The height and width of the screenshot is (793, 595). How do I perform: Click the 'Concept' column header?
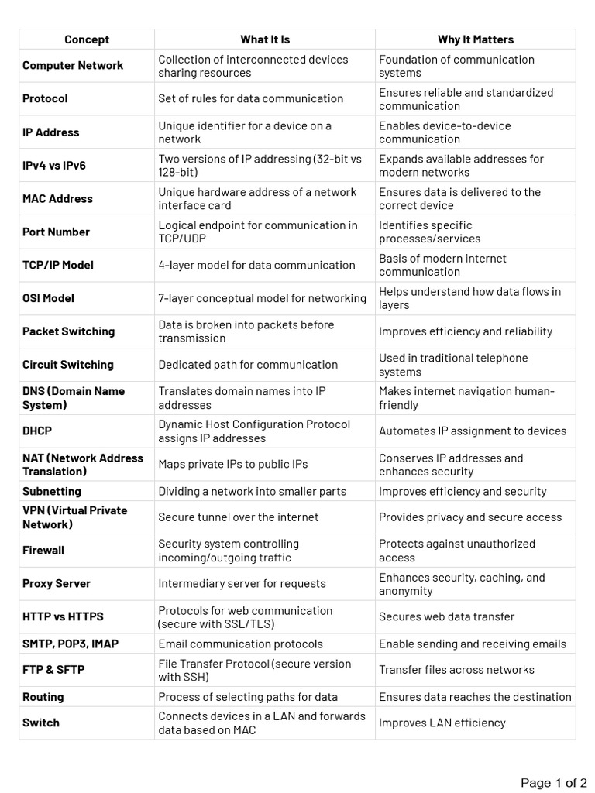point(87,39)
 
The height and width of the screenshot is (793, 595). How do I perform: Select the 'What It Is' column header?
point(265,39)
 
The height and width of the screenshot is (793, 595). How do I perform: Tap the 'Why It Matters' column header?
point(476,39)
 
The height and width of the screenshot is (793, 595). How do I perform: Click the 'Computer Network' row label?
point(73,66)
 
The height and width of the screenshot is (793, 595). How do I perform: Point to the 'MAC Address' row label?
point(57,199)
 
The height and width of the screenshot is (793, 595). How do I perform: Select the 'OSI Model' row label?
point(49,298)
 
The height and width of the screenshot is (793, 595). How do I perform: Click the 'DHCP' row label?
point(37,431)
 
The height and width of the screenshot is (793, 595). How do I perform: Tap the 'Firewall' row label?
point(43,551)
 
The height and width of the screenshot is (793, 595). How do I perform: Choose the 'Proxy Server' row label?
point(57,584)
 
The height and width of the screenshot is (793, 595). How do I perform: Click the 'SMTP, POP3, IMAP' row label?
point(71,644)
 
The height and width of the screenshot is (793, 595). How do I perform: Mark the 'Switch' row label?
point(41,723)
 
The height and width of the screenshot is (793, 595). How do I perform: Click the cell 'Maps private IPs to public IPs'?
point(233,465)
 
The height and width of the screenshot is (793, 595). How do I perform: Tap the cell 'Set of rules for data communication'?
point(251,99)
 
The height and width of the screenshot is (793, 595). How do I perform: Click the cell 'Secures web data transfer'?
point(447,617)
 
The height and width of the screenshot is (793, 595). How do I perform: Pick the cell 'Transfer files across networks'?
point(457,670)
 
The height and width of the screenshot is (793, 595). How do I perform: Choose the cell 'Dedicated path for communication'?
point(249,365)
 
